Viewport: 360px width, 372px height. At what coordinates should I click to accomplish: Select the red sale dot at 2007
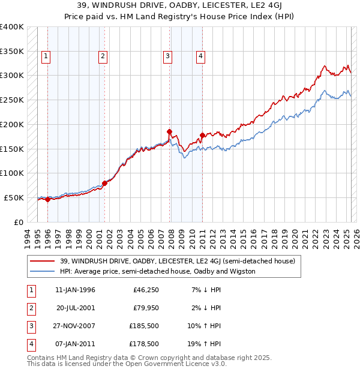(170, 131)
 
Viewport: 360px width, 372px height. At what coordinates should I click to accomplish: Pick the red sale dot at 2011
(202, 135)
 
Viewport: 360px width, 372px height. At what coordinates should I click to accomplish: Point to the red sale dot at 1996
(47, 199)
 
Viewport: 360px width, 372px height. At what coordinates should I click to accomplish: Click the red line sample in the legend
(42, 261)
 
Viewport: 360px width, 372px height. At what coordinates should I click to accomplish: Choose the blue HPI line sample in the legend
(42, 271)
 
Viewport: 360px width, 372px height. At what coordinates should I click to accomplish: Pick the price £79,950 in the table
(146, 308)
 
